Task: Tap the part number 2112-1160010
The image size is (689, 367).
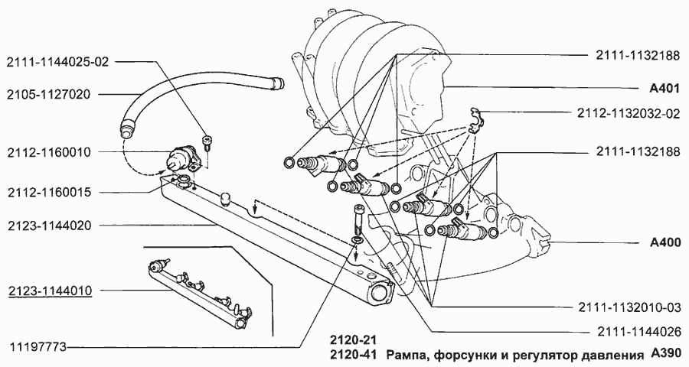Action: (50, 152)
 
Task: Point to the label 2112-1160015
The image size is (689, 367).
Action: (50, 193)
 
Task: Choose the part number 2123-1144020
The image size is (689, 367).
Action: (50, 226)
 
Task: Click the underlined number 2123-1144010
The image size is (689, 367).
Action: (50, 291)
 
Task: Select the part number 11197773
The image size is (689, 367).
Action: (38, 346)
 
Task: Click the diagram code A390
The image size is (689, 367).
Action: (665, 355)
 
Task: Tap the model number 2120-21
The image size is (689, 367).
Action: (353, 339)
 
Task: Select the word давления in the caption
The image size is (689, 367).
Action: (612, 355)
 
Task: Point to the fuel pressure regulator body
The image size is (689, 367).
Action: (184, 157)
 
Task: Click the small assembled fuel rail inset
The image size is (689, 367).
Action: (201, 292)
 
